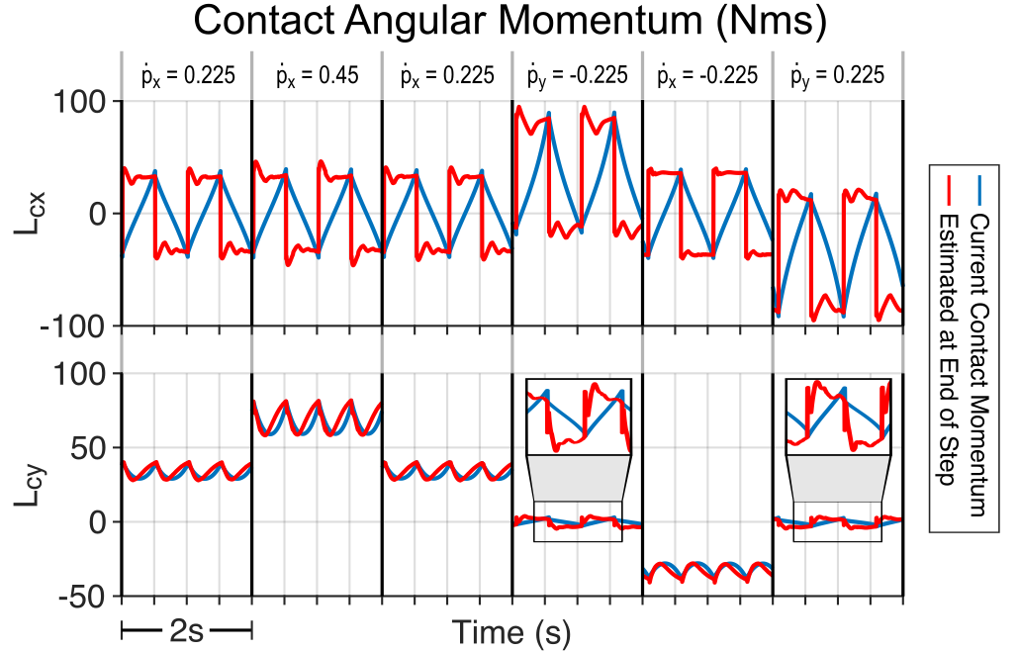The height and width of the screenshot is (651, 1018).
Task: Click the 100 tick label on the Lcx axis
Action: pos(81,102)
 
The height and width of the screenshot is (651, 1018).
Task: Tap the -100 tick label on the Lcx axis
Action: pos(73,325)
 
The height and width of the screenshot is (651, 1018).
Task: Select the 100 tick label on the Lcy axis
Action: pos(81,375)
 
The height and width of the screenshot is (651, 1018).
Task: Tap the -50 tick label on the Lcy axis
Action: pos(81,597)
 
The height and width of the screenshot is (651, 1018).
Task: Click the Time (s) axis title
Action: pos(510,631)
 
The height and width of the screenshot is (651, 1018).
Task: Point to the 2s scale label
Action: pos(186,631)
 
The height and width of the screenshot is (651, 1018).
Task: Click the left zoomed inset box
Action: pos(579,417)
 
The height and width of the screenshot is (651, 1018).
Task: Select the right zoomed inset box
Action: pos(838,417)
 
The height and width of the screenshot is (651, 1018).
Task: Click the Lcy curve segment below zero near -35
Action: pos(706,572)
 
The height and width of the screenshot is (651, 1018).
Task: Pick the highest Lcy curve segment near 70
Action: pos(317,416)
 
